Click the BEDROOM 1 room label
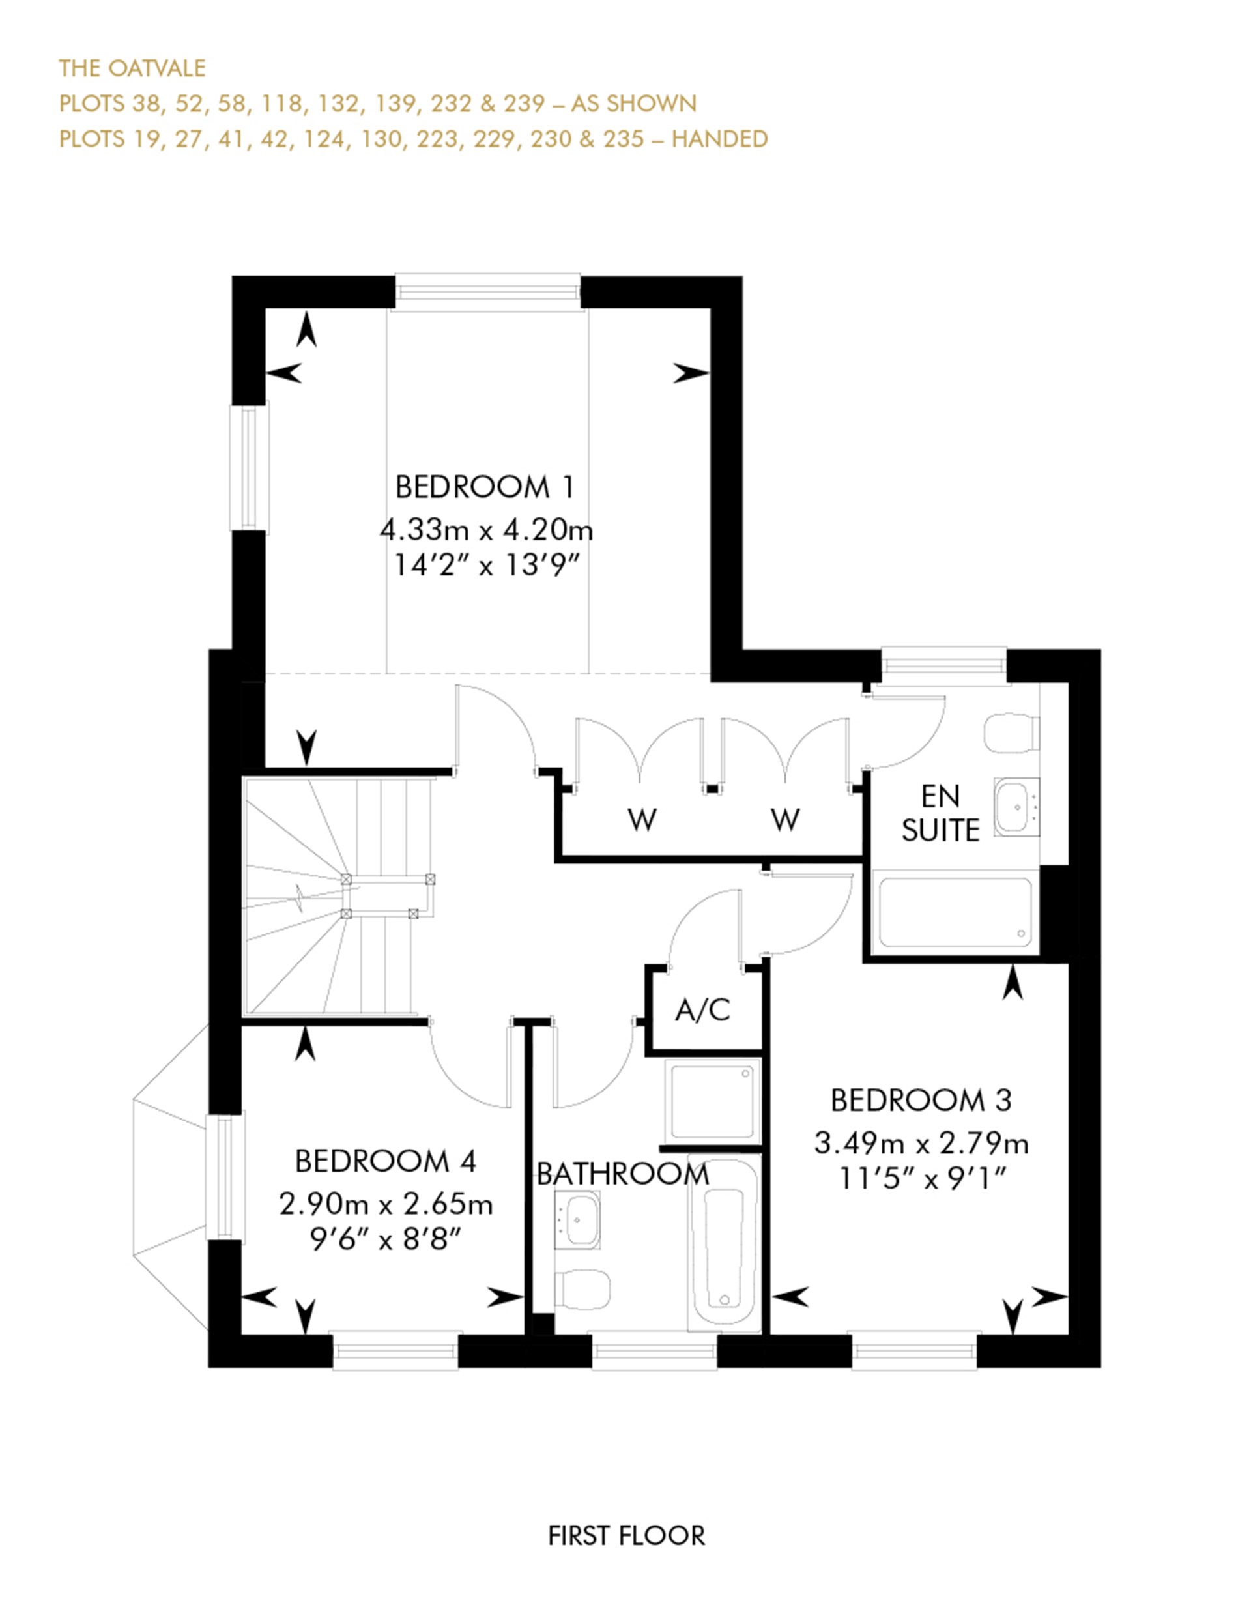[485, 487]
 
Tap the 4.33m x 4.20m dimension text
[487, 530]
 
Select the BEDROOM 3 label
[921, 1100]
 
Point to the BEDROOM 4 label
[386, 1161]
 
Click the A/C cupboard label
[702, 1009]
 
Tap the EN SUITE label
[940, 813]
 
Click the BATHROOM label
[623, 1174]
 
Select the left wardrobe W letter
[642, 820]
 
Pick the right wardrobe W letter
[785, 820]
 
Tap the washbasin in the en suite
[1016, 806]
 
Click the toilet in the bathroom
[584, 1289]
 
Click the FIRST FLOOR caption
[627, 1535]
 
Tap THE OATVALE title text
[132, 68]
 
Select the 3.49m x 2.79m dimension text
[921, 1143]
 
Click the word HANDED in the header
[719, 139]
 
